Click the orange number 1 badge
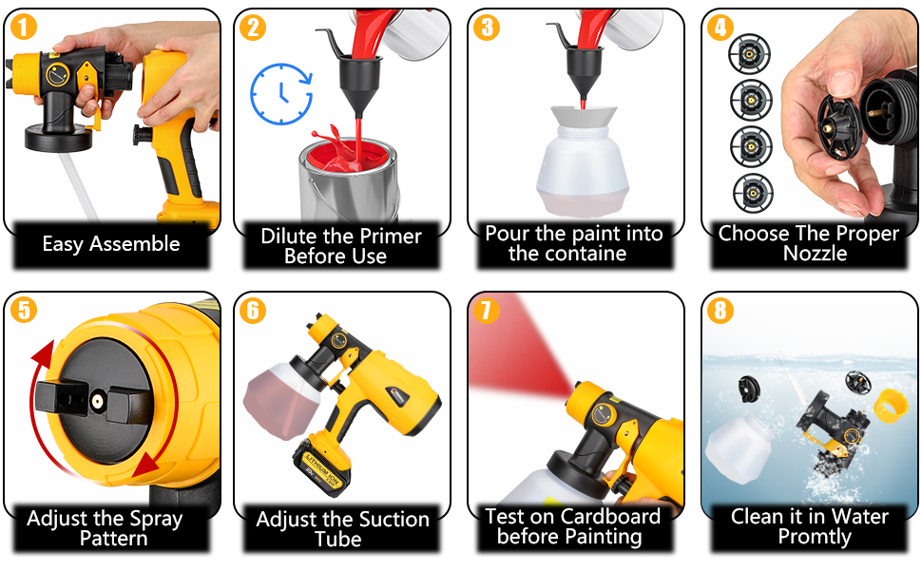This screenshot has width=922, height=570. coord(24,27)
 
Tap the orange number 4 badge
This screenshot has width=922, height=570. coord(720,27)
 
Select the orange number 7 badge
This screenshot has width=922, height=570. coord(487,311)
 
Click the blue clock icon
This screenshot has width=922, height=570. coord(281,94)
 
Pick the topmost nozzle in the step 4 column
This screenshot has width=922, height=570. coord(749,55)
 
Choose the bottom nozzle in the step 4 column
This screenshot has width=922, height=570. coord(753,193)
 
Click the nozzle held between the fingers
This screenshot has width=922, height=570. coord(839,127)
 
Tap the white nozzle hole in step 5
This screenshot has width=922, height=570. coord(96,401)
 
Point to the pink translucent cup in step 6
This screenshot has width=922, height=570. coord(280,399)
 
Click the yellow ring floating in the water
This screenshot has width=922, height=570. coord(891,405)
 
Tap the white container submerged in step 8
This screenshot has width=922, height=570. coord(739,447)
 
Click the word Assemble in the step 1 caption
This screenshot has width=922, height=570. coord(135,244)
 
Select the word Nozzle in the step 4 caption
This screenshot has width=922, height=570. coord(815,254)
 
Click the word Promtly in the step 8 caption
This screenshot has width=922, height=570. coord(815,537)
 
